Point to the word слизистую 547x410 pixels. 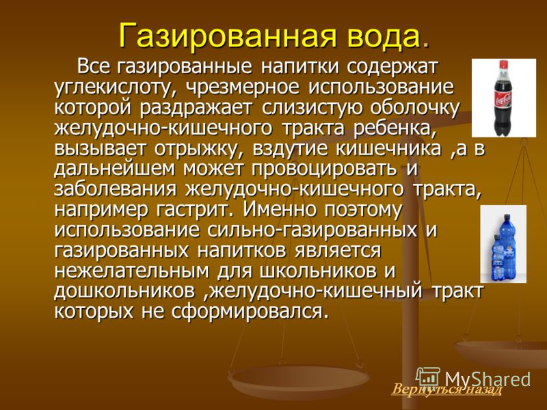click(x=311, y=108)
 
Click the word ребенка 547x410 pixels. click(x=395, y=128)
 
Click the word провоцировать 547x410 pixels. click(x=324, y=169)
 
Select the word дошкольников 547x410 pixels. click(x=124, y=292)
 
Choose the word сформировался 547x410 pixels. click(x=250, y=312)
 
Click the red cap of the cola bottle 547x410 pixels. click(x=503, y=64)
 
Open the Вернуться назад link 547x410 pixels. click(x=447, y=389)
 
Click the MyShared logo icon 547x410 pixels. click(x=428, y=379)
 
